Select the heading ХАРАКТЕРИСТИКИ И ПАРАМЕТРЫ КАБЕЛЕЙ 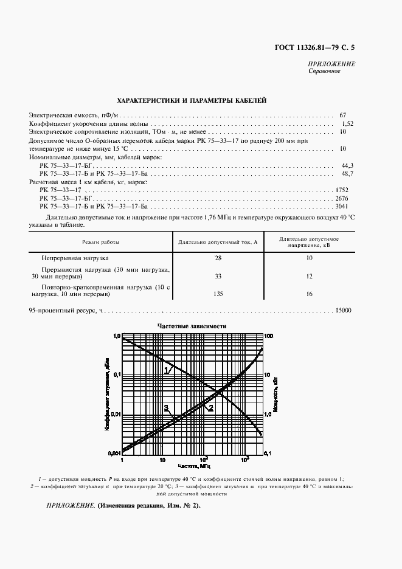tap(191, 101)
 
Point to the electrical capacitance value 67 tap(342, 115)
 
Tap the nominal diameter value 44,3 tap(347, 165)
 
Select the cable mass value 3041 tap(342, 207)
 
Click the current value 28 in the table tap(218, 258)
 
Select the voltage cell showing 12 tap(309, 276)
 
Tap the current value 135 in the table tap(218, 294)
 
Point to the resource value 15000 tap(343, 311)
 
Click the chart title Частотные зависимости tap(192, 326)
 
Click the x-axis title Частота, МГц tap(193, 465)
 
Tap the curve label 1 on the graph tap(166, 370)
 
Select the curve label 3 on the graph tap(165, 408)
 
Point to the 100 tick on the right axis tap(271, 336)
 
